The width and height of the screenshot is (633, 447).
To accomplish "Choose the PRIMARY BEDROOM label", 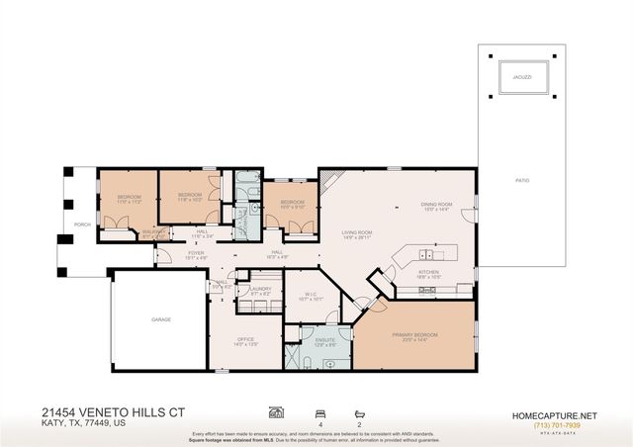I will (414, 335).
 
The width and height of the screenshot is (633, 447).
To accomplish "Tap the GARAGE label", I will (160, 320).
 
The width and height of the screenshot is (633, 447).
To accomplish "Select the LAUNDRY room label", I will (261, 289).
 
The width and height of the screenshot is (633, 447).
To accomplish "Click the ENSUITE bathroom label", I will (325, 339).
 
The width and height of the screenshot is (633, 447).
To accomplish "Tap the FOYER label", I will (197, 253).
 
